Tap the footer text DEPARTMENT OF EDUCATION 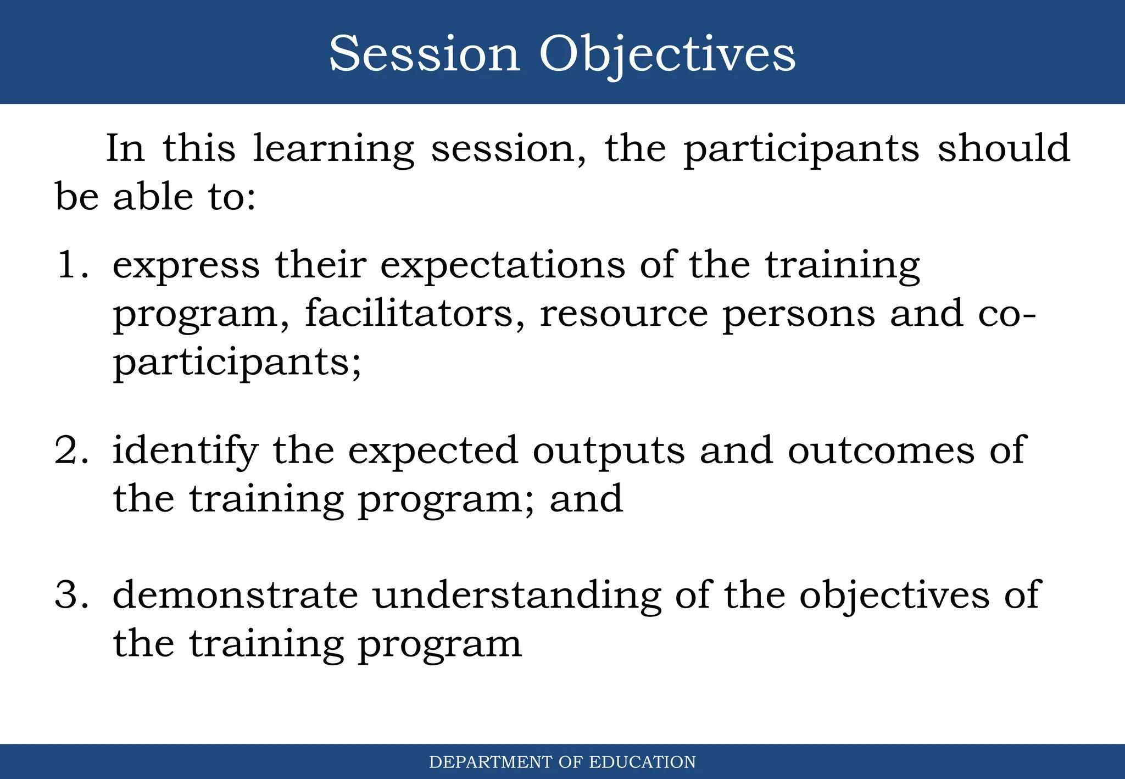[x=562, y=762]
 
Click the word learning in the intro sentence [x=333, y=149]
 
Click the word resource [x=623, y=314]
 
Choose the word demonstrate [x=235, y=596]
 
